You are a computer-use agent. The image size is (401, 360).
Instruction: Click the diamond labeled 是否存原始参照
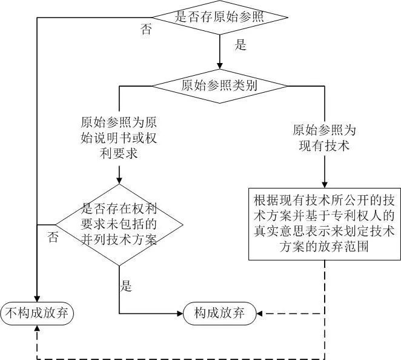[219, 16]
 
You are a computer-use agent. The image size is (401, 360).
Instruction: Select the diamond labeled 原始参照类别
[219, 85]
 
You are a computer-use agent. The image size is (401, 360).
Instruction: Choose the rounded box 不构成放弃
[38, 313]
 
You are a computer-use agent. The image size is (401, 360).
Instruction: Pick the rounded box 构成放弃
[219, 313]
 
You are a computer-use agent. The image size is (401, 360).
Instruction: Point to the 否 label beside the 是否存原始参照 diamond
[146, 30]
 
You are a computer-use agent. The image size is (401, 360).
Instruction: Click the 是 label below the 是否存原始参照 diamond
[240, 45]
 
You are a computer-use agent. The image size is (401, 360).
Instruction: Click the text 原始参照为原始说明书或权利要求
[119, 137]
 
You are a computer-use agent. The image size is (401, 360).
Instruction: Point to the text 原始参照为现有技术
[325, 138]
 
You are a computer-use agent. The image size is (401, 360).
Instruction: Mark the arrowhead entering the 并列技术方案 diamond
[119, 179]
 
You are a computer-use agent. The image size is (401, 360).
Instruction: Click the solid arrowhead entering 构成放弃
[179, 313]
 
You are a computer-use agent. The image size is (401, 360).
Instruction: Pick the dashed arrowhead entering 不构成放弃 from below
[38, 329]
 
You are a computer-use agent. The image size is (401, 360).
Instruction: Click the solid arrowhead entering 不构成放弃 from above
[38, 296]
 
